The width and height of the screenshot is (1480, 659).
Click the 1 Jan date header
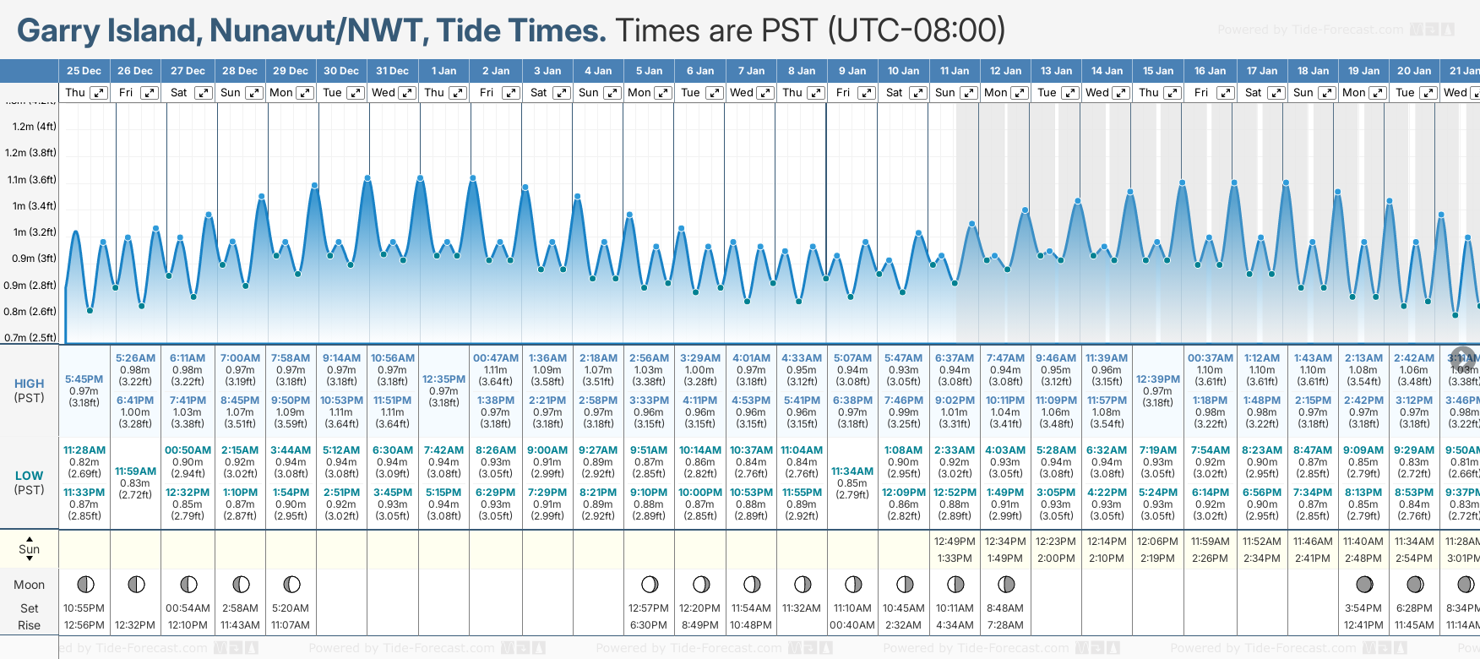(443, 71)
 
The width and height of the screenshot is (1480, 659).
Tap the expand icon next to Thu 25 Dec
(99, 93)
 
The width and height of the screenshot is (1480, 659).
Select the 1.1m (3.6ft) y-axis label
(31, 179)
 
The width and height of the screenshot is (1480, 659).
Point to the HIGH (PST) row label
(30, 390)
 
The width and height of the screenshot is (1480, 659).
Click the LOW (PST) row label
(30, 482)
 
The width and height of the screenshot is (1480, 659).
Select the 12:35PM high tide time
(443, 379)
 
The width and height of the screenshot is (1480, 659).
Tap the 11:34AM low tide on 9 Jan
(852, 471)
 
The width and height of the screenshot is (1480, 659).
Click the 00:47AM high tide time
(496, 358)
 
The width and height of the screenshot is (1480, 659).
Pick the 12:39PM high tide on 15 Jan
(1157, 379)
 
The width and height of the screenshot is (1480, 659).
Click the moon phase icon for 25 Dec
(85, 584)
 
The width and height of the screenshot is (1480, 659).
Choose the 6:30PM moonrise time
(649, 625)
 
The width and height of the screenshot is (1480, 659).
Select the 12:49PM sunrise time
(955, 542)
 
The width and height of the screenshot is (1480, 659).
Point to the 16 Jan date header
(1210, 71)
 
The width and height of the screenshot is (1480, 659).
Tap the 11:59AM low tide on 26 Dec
(135, 471)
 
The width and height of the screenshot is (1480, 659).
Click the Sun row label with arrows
(30, 549)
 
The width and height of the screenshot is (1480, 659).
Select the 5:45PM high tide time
(84, 379)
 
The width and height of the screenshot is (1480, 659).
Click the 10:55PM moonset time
(84, 608)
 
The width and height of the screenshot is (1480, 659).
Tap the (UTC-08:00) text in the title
(917, 31)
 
